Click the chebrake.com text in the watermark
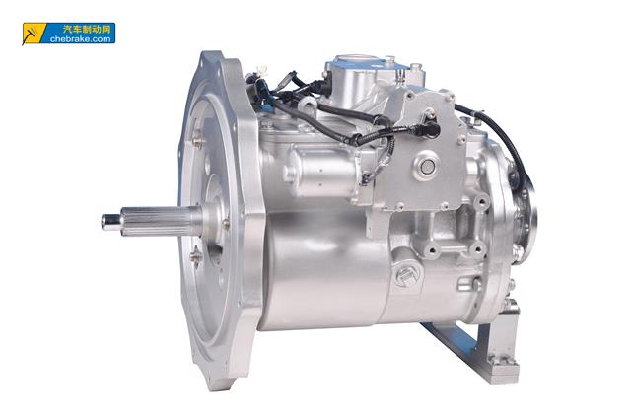(81, 39)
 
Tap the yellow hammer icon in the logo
(32, 34)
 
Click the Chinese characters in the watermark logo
(87, 29)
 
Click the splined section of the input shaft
(161, 221)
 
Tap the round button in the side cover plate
(426, 166)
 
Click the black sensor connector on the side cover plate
(430, 129)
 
